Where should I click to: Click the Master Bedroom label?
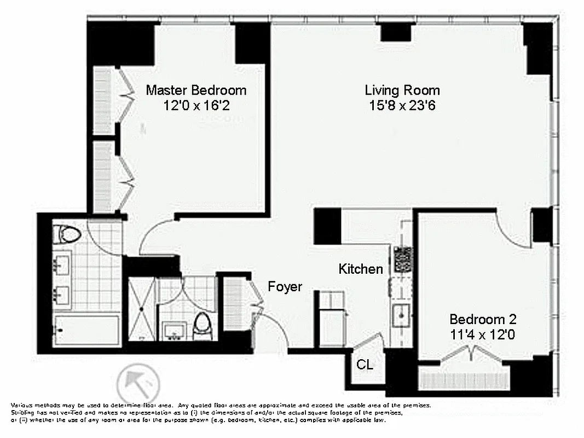[195, 90]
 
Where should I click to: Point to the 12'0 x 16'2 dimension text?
[195, 105]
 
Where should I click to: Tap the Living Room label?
[402, 90]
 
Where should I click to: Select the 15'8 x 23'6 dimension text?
[402, 105]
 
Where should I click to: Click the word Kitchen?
[360, 269]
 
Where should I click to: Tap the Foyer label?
[285, 286]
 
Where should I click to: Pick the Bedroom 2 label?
[483, 319]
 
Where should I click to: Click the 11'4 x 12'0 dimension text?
[483, 335]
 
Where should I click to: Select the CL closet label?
[365, 365]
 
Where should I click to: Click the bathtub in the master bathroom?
[88, 330]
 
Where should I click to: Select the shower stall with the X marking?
[142, 309]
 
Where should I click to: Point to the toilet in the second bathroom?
[203, 324]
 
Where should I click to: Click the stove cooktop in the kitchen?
[403, 259]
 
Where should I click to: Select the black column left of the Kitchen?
[327, 226]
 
